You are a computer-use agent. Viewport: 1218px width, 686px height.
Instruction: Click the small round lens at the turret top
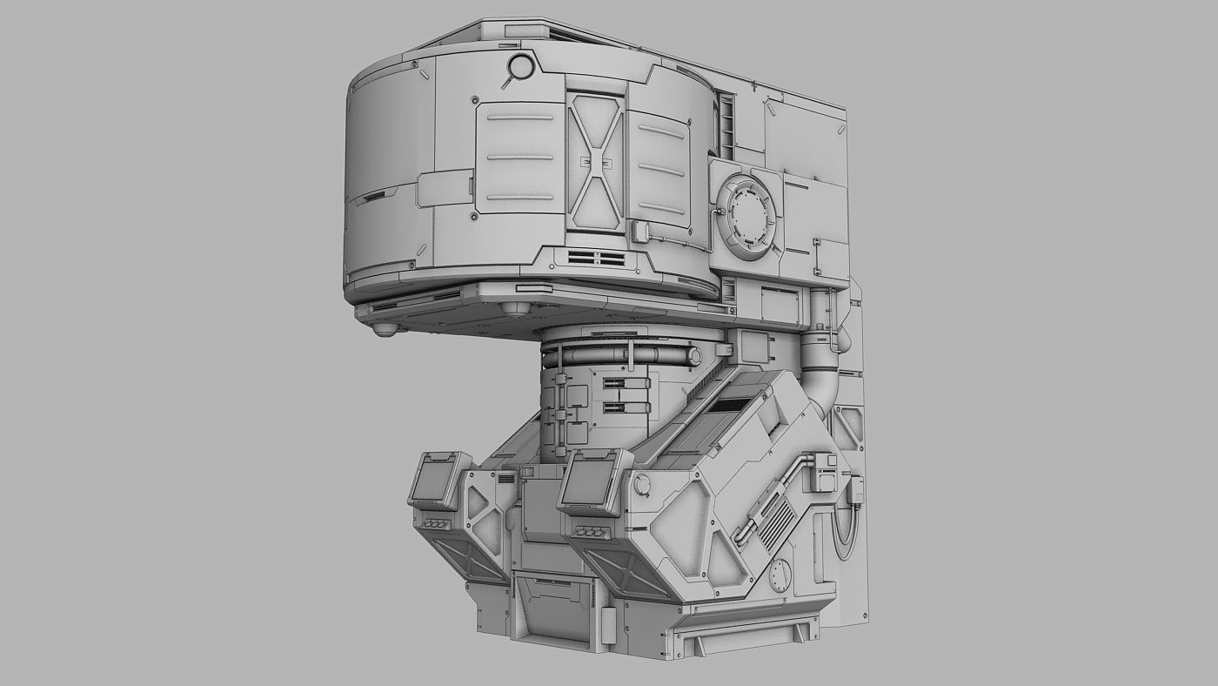pos(520,66)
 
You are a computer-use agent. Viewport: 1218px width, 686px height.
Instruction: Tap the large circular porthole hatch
pos(746,213)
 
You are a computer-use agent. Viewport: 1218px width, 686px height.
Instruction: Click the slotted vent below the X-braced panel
pos(597,259)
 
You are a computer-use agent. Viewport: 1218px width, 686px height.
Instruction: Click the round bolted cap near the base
pos(780,575)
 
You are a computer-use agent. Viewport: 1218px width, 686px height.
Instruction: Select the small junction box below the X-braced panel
pos(641,232)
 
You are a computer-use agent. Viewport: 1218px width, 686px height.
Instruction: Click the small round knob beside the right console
pos(642,484)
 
